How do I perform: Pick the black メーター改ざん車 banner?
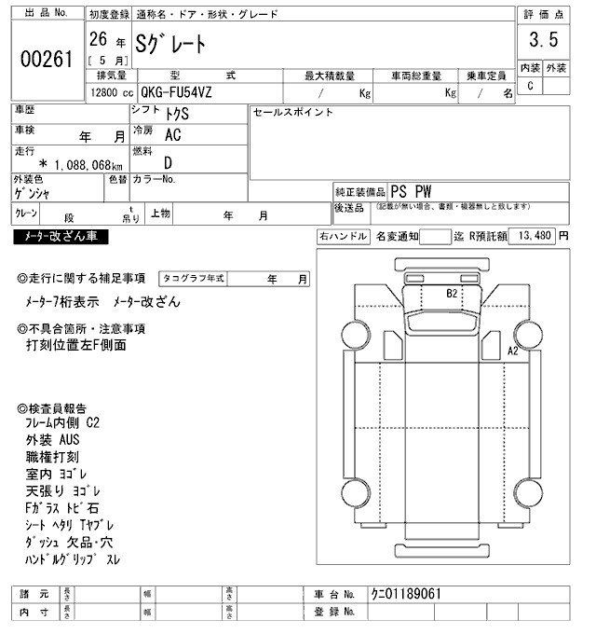(61, 237)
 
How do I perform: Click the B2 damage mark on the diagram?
(453, 293)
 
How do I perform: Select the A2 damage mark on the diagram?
(511, 351)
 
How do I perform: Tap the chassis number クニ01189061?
(405, 593)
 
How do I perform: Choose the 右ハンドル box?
(343, 237)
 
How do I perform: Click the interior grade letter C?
(530, 86)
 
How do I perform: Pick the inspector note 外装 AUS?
(54, 439)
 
